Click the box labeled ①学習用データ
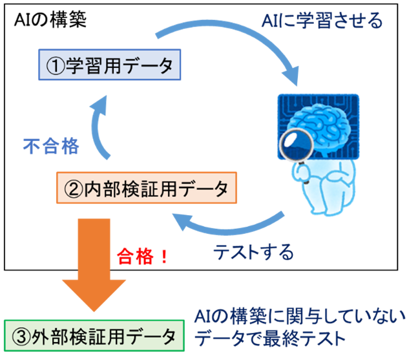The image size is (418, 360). [x=109, y=65]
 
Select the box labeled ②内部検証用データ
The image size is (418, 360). [x=146, y=189]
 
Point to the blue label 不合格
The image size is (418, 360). [x=50, y=147]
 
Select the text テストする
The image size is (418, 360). [x=253, y=251]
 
